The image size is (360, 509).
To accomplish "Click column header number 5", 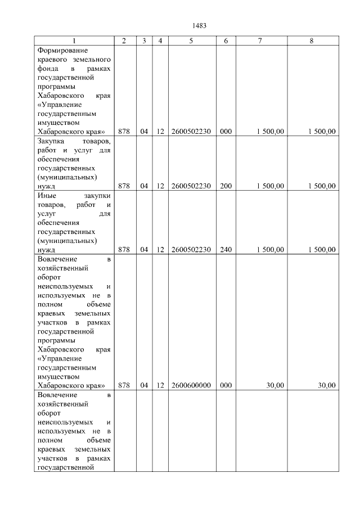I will pos(191,41).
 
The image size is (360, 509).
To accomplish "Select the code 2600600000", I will pos(191,385).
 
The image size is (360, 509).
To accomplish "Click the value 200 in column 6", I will pos(226,186).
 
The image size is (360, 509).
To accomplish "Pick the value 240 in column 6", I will pos(226,250).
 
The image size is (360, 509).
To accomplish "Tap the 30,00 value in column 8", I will pos(327,385).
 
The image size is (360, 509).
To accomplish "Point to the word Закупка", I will pos(50,141).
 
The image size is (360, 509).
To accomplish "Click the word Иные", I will pos(46,195).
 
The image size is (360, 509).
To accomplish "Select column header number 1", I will pos(73,41).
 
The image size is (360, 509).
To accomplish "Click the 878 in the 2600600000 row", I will pos(124,385).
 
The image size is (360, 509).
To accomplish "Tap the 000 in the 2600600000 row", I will pos(226,385).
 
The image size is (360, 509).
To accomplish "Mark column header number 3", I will pos(144,41).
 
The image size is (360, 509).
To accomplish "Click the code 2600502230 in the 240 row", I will pos(191,250).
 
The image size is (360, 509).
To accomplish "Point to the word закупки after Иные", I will pos(97,195).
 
